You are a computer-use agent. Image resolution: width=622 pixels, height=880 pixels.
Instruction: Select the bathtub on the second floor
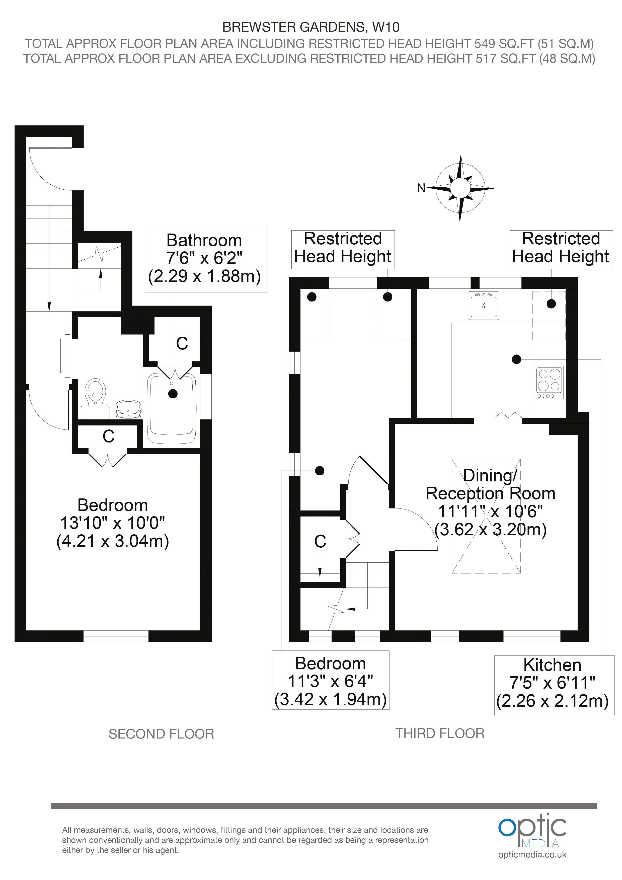point(172,409)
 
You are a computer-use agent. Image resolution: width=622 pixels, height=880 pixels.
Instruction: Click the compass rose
point(460,188)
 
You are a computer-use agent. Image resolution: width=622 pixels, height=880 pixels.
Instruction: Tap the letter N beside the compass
point(421,188)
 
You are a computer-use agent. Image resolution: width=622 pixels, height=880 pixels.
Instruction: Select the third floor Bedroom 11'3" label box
point(330,680)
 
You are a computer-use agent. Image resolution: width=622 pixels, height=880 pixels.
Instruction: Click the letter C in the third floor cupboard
point(320,542)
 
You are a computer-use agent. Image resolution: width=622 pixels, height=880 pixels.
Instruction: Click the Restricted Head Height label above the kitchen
point(561,248)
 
